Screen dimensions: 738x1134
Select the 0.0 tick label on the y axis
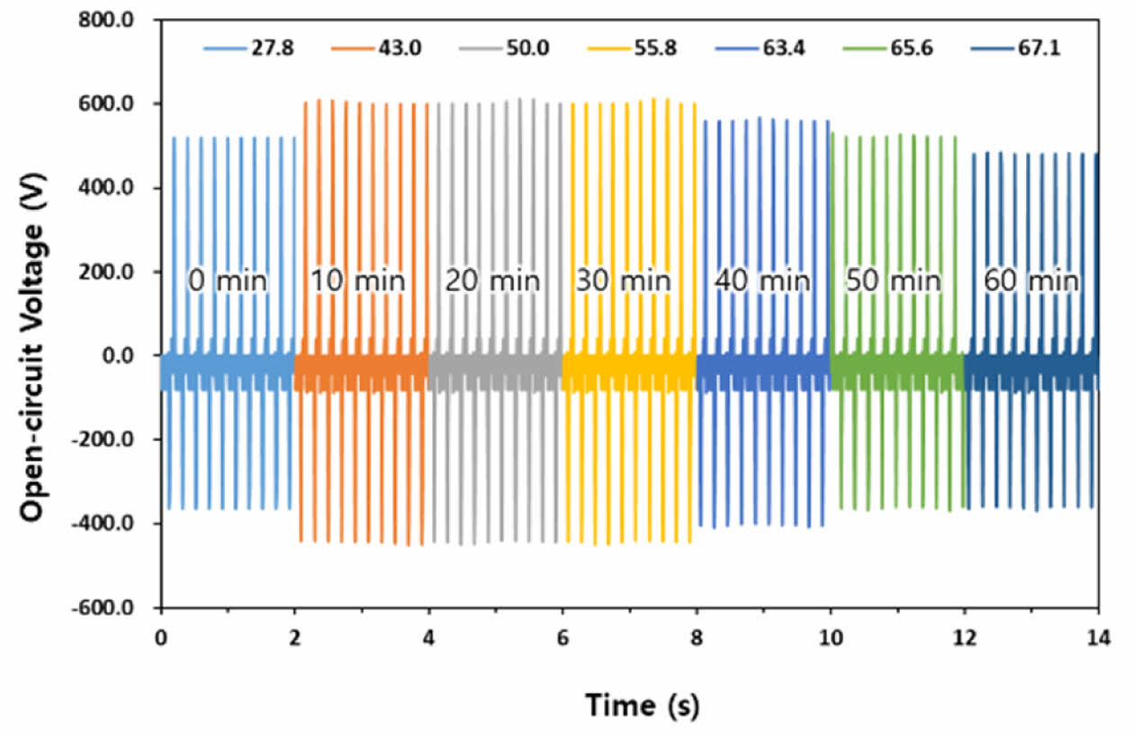pyautogui.click(x=131, y=355)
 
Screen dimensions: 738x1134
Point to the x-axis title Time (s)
pyautogui.click(x=642, y=704)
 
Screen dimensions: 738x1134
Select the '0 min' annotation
pyautogui.click(x=228, y=281)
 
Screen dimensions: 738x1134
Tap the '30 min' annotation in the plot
pyautogui.click(x=623, y=281)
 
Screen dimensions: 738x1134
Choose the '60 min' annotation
pyautogui.click(x=1030, y=281)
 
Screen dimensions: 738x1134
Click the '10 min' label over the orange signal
pyautogui.click(x=358, y=281)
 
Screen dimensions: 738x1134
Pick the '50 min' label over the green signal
pyautogui.click(x=893, y=281)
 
